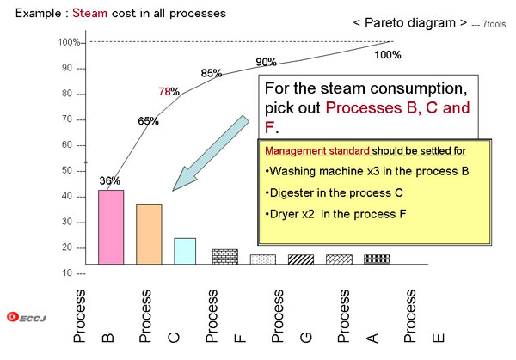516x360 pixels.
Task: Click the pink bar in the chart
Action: coord(111,227)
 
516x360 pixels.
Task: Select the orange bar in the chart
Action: coord(149,235)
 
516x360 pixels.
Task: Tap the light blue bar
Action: coord(185,251)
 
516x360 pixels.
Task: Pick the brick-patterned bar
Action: coord(225,257)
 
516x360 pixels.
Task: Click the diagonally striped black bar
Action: coord(301,259)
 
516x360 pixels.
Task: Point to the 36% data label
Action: coord(110,180)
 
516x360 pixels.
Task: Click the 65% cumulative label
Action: coord(148,121)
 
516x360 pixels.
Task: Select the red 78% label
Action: coord(169,91)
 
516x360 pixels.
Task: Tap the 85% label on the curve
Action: coord(212,73)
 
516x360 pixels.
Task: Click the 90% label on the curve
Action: coord(266,62)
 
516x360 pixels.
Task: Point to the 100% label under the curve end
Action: coord(388,55)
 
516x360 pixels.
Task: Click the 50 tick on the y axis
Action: coord(67,170)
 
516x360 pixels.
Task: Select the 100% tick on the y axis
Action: coord(69,42)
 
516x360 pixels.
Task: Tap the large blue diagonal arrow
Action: coord(211,153)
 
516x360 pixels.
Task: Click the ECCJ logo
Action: coord(27,317)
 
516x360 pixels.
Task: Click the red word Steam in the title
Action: coord(89,13)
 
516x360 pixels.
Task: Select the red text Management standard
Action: coord(317,151)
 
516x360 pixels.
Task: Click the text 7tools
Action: coord(494,24)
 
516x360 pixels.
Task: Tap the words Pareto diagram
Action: coord(410,23)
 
